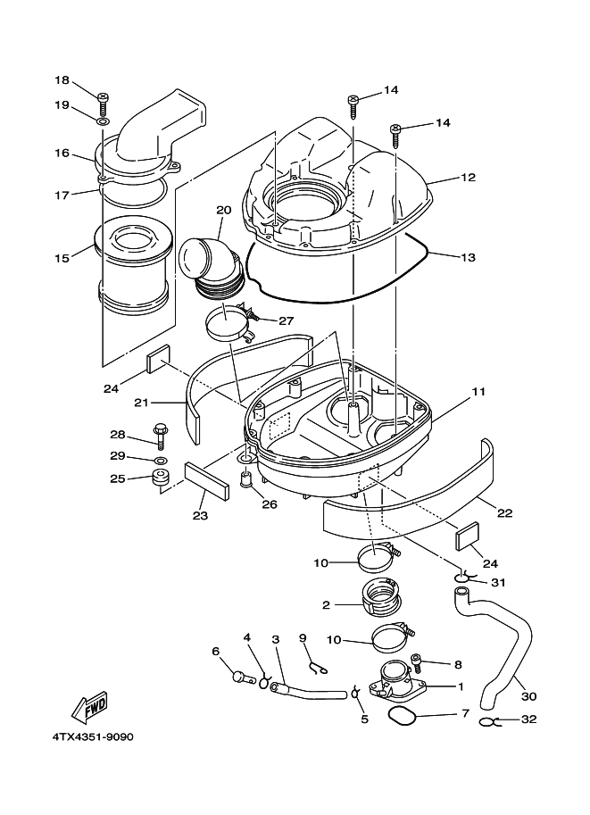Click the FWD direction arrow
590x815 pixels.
89,708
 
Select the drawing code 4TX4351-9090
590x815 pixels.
93,737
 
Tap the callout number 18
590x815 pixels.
62,80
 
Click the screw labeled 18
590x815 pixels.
103,103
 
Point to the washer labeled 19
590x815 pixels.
103,121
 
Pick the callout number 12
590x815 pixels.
468,177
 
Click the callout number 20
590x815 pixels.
223,210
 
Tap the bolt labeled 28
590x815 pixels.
160,434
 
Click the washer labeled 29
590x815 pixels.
162,460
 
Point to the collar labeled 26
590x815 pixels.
247,478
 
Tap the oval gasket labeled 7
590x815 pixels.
403,715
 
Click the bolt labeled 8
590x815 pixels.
418,663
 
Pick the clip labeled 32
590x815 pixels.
489,721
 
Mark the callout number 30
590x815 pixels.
528,696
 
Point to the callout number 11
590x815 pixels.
478,391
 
